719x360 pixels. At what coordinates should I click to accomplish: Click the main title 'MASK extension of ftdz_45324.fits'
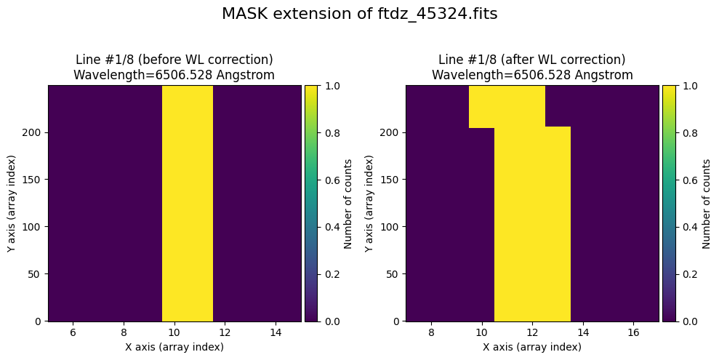click(359, 15)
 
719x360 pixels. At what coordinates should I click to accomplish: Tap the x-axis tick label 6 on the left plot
click(73, 332)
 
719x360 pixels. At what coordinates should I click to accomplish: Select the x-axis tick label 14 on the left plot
click(276, 332)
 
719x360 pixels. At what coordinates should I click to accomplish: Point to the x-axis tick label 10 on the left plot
click(174, 332)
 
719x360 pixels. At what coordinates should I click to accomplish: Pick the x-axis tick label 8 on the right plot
click(431, 332)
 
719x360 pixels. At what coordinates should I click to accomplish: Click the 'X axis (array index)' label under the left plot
click(174, 347)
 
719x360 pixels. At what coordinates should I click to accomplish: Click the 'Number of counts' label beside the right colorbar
click(707, 203)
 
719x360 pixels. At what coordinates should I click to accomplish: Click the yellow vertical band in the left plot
click(187, 203)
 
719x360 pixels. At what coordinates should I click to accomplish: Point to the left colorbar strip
click(310, 203)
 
